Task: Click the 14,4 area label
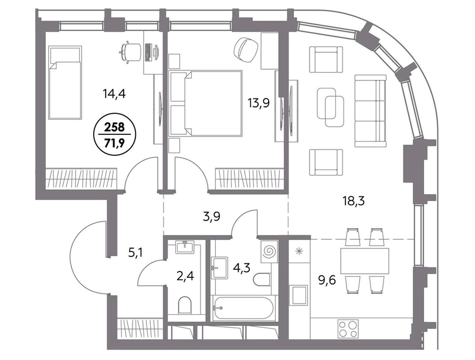[x=114, y=94]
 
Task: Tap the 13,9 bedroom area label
[x=259, y=103]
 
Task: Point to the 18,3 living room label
[x=354, y=201]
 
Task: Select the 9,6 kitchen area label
[x=328, y=281]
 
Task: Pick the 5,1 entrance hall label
[x=136, y=252]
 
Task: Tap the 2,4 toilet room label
[x=186, y=276]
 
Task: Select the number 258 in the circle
[x=114, y=127]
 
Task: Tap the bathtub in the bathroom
[x=244, y=308]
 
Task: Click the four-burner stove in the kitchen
[x=348, y=329]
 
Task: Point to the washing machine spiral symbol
[x=269, y=251]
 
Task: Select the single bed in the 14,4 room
[x=65, y=82]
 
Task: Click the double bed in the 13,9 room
[x=206, y=103]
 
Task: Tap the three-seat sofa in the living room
[x=371, y=111]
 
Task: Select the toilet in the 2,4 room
[x=185, y=305]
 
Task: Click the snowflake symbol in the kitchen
[x=299, y=251]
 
